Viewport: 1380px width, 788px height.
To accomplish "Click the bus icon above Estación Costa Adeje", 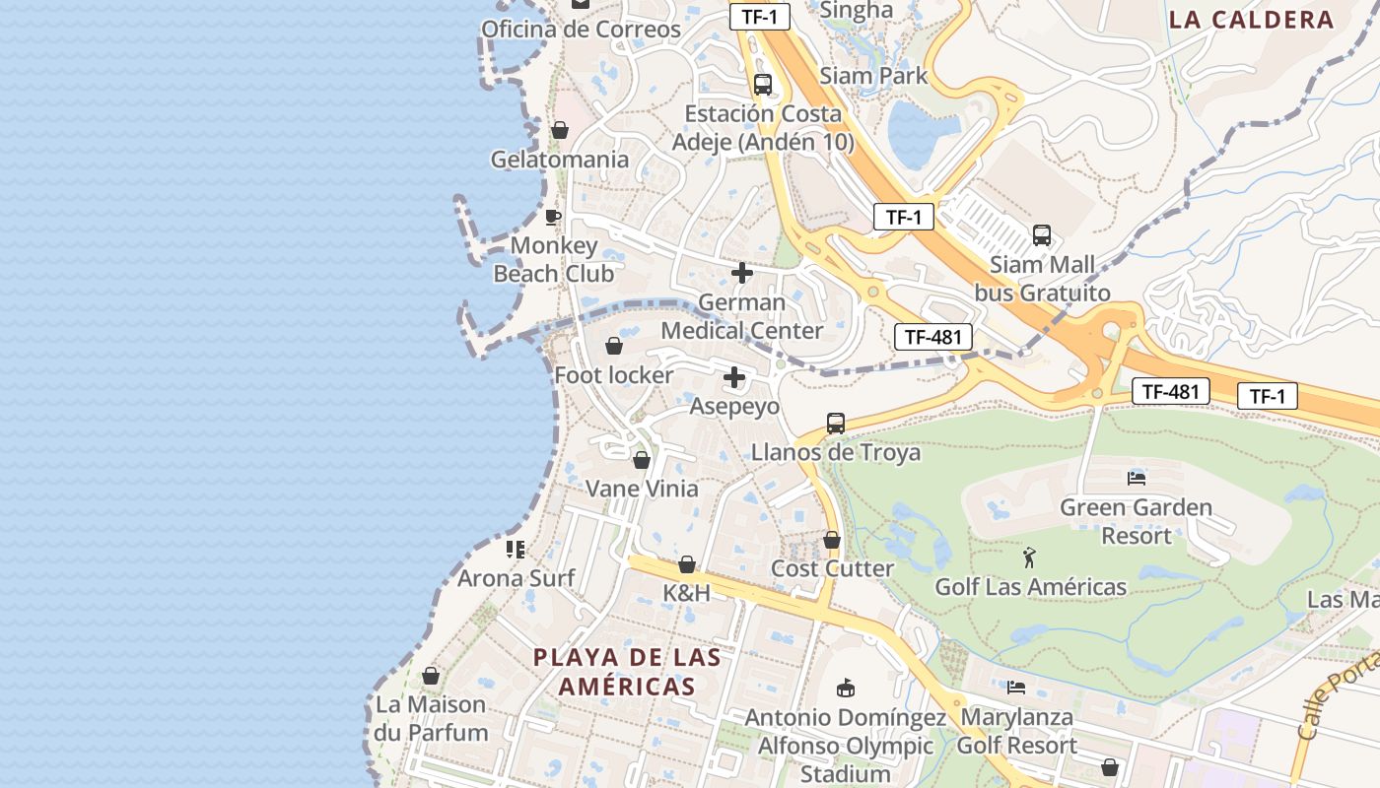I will [x=763, y=84].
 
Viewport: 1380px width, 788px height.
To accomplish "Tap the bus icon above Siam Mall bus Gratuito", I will [x=1042, y=235].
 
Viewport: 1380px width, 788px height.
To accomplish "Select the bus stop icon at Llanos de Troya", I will [x=836, y=424].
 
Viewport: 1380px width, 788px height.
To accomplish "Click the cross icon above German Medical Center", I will [x=742, y=273].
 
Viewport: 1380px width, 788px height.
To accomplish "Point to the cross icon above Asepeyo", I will [x=734, y=377].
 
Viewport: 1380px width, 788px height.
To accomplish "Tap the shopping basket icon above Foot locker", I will [x=614, y=346].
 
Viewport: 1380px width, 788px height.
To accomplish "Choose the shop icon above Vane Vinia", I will [x=642, y=460].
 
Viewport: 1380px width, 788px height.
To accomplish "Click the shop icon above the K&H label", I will [x=687, y=564].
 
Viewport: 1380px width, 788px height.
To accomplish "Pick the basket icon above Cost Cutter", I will [x=832, y=540].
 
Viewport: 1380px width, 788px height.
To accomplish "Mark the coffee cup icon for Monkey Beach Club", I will [x=553, y=216].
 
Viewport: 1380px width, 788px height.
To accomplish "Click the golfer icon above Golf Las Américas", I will [x=1030, y=558].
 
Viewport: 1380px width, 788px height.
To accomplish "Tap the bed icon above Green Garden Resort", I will [x=1137, y=479].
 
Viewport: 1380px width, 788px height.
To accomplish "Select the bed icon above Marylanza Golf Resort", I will [x=1016, y=687].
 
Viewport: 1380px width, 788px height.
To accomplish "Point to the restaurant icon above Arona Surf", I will [x=516, y=549].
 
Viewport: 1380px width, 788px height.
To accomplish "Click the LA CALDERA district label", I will [x=1251, y=19].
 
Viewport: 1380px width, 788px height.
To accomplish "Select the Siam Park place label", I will [x=873, y=75].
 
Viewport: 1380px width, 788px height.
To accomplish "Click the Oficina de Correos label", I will [x=581, y=30].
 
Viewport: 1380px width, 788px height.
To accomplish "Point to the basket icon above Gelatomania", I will [x=560, y=130].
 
